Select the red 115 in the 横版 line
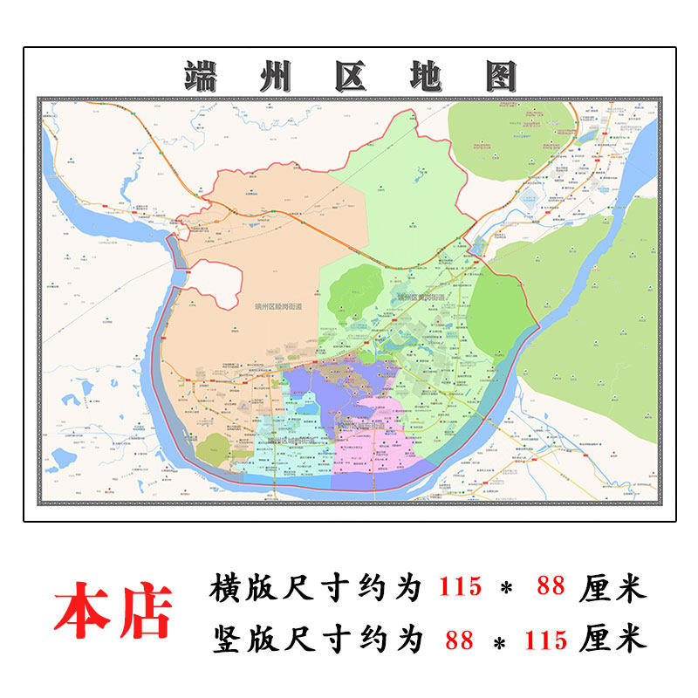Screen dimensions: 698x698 pyautogui.click(x=459, y=587)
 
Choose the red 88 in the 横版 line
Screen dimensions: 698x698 pyautogui.click(x=551, y=587)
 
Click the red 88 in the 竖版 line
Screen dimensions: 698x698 pyautogui.click(x=459, y=640)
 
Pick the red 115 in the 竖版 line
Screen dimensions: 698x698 pyautogui.click(x=546, y=640)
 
